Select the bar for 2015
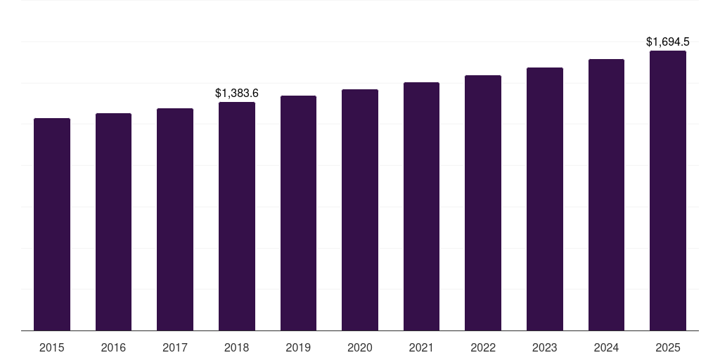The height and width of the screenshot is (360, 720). coord(52,224)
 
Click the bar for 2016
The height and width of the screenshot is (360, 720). coord(113,221)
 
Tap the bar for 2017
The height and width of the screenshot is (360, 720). coord(175,219)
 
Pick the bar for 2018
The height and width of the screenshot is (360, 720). coord(237,216)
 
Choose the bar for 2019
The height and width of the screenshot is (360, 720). coord(298,213)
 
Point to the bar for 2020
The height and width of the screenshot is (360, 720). coord(360,210)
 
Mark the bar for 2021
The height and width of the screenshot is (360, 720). coord(421,206)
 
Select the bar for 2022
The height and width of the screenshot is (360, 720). coord(483,202)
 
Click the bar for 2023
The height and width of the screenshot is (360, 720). coord(545,199)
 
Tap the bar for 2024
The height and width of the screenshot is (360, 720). coord(606,195)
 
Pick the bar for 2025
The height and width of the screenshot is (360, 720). coord(668,191)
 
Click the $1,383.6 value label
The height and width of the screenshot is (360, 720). coord(237,93)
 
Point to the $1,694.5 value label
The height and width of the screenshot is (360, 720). coord(668,42)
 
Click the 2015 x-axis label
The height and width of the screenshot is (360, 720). coord(52,347)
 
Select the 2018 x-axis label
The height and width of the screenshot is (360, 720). coord(237,347)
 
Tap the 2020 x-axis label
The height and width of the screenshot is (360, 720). coord(360,347)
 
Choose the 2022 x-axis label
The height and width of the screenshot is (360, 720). coord(483,347)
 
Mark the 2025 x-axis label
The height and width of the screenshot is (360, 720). coord(668,347)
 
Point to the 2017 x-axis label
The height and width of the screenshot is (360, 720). coord(175,347)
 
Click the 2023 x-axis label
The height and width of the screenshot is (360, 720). coord(545,347)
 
